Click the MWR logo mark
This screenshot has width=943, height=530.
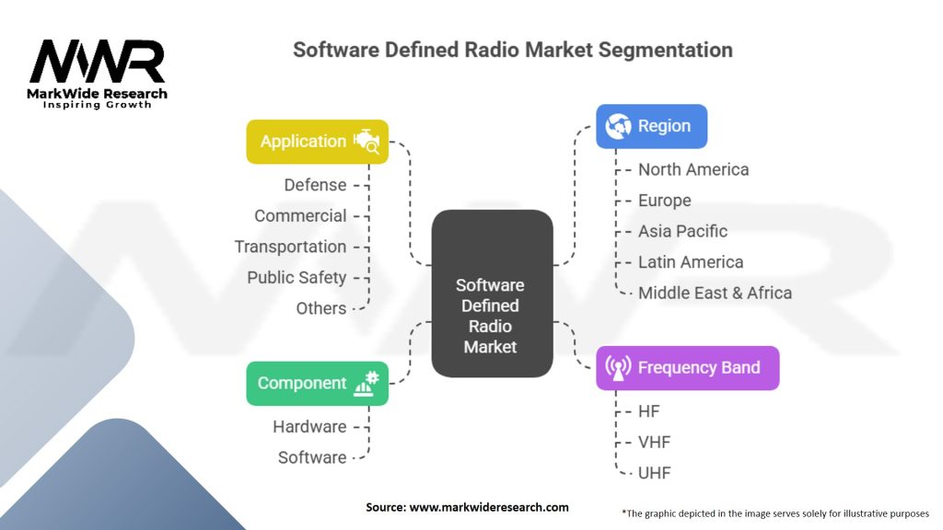pyautogui.click(x=97, y=62)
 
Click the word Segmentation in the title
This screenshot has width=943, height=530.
pyautogui.click(x=665, y=50)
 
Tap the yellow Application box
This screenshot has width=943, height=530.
pyautogui.click(x=317, y=142)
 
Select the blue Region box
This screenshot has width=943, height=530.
pyautogui.click(x=651, y=126)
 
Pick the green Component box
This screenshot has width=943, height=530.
pyautogui.click(x=317, y=384)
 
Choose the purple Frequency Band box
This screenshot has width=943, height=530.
pyautogui.click(x=687, y=368)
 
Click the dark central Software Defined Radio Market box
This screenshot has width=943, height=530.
pyautogui.click(x=492, y=294)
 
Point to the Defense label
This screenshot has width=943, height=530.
pyautogui.click(x=315, y=185)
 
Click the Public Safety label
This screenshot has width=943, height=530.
pyautogui.click(x=297, y=278)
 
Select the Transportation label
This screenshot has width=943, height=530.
pyautogui.click(x=290, y=247)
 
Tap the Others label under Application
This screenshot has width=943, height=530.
pyautogui.click(x=321, y=308)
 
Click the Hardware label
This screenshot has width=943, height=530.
pyautogui.click(x=309, y=427)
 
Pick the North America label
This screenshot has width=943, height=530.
pyautogui.click(x=693, y=170)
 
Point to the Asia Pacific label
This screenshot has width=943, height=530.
pyautogui.click(x=682, y=231)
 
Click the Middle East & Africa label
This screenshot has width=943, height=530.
pyautogui.click(x=715, y=294)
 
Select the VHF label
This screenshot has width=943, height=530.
pyautogui.click(x=655, y=443)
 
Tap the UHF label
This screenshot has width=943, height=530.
pyautogui.click(x=655, y=473)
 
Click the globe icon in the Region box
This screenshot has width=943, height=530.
pyautogui.click(x=618, y=126)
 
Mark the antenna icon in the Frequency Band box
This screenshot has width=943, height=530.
pyautogui.click(x=618, y=368)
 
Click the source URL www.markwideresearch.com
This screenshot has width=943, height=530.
pyautogui.click(x=489, y=507)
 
